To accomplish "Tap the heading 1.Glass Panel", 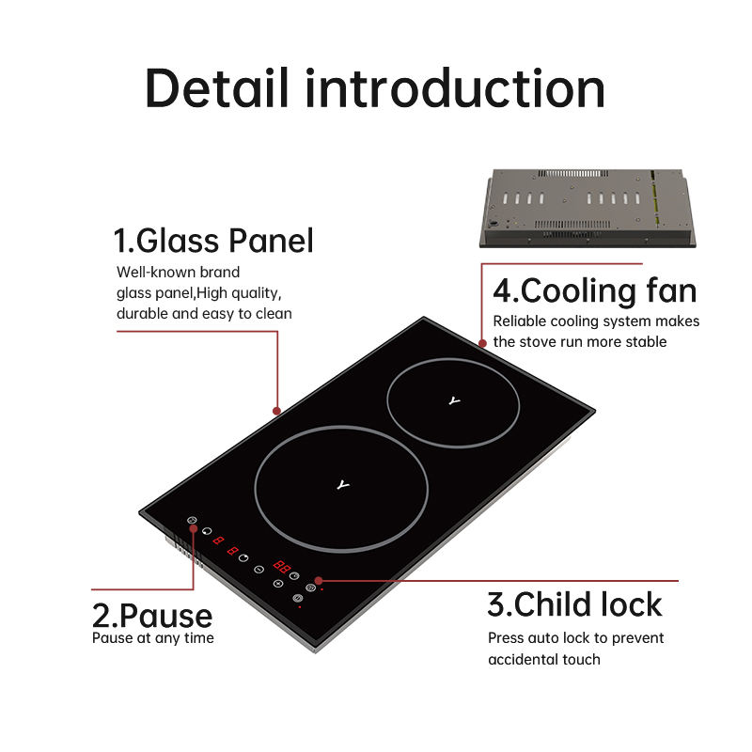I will pyautogui.click(x=213, y=241).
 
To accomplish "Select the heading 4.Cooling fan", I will pyautogui.click(x=595, y=290).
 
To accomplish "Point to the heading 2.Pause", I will pyautogui.click(x=152, y=616).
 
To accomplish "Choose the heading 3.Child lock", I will pyautogui.click(x=574, y=603).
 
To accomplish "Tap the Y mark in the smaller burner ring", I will pyautogui.click(x=455, y=401).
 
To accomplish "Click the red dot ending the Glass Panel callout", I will pyautogui.click(x=276, y=411).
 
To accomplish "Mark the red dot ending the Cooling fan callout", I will pyautogui.click(x=482, y=344).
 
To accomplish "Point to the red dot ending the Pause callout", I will pyautogui.click(x=195, y=529).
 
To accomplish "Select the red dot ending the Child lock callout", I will pyautogui.click(x=321, y=580).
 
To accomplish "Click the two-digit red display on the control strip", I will pyautogui.click(x=281, y=567).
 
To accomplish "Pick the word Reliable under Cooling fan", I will pyautogui.click(x=521, y=321).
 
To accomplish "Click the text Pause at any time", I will pyautogui.click(x=152, y=638).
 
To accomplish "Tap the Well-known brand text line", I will pyautogui.click(x=178, y=272).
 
